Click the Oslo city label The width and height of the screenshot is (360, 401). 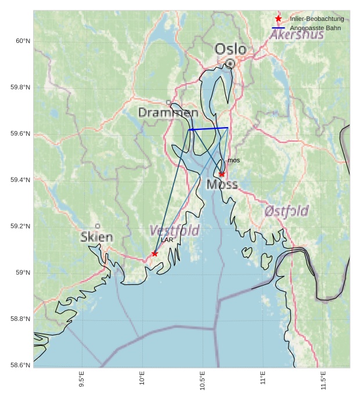pyautogui.click(x=231, y=49)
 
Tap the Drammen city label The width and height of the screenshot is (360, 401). pyautogui.click(x=168, y=113)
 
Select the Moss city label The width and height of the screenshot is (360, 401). pyautogui.click(x=222, y=185)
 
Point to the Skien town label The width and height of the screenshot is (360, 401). pyautogui.click(x=97, y=237)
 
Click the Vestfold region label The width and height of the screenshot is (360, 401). pyautogui.click(x=174, y=230)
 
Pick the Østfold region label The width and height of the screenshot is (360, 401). pyautogui.click(x=286, y=211)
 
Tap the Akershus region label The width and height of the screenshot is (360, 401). pyautogui.click(x=297, y=35)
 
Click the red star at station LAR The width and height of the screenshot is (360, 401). pyautogui.click(x=154, y=254)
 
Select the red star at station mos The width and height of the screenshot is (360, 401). pyautogui.click(x=222, y=174)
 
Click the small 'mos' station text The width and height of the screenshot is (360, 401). pyautogui.click(x=233, y=160)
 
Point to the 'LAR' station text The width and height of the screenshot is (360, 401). pyautogui.click(x=167, y=240)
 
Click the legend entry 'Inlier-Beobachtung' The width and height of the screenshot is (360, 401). pyautogui.click(x=316, y=19)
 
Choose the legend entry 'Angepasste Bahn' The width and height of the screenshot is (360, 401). pyautogui.click(x=315, y=28)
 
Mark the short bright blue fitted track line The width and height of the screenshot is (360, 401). pyautogui.click(x=208, y=128)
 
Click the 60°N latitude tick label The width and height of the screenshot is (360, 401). pyautogui.click(x=23, y=41)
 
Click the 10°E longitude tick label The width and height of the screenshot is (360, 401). pyautogui.click(x=142, y=379)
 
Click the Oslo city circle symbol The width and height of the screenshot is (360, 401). pyautogui.click(x=231, y=63)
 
